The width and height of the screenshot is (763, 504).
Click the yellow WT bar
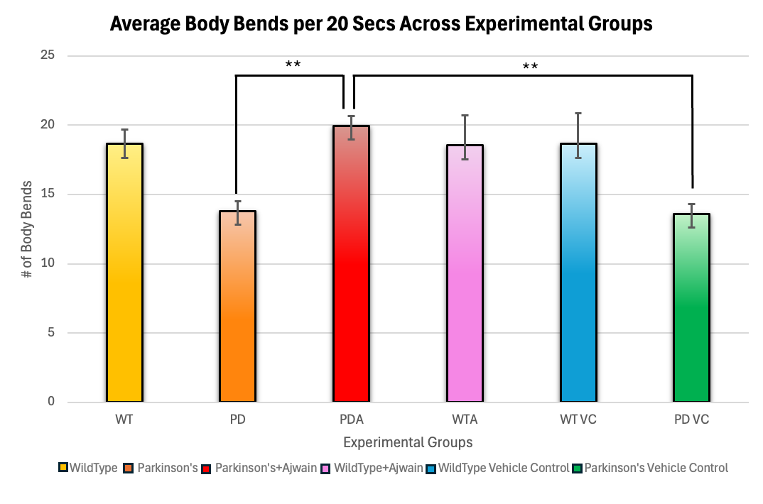pos(124,273)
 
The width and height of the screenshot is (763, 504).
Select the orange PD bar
pos(237,306)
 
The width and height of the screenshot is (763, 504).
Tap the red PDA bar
pos(352,264)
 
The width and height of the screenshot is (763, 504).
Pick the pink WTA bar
pos(465,273)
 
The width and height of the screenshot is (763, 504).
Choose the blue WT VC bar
pos(578,273)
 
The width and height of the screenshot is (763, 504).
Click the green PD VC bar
pos(691,307)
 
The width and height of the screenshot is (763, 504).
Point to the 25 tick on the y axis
pos(48,55)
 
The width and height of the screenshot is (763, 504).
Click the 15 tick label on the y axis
pos(48,194)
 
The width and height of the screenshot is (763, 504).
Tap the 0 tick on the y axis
pos(51,402)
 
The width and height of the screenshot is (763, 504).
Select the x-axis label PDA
pos(352,420)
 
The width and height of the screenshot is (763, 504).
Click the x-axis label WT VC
pos(578,420)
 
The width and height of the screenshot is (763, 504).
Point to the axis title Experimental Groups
pos(408,442)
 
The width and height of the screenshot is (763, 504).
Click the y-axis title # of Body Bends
pos(27,229)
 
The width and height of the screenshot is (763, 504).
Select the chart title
pos(381,23)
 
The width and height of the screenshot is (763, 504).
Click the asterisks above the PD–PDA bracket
pos(293,64)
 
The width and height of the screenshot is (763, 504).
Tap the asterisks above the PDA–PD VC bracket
pos(530,66)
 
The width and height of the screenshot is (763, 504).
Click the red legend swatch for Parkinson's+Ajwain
pos(206,469)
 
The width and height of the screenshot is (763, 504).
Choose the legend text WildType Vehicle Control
pos(504,468)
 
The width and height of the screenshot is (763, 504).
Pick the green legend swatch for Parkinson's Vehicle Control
pos(578,469)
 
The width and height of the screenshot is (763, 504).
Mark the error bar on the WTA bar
pos(465,137)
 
